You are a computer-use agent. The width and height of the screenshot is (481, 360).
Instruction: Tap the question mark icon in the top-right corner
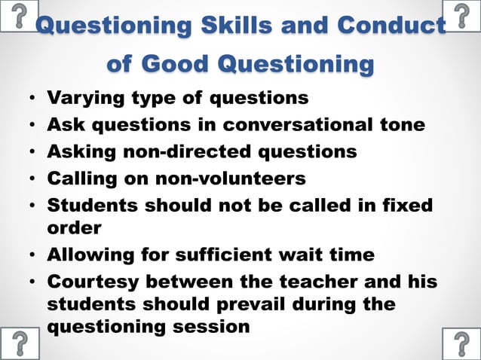[x=461, y=15]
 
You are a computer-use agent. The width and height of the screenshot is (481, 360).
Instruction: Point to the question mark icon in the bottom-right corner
[x=461, y=343]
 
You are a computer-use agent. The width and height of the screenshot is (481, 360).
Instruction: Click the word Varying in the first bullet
[x=82, y=99]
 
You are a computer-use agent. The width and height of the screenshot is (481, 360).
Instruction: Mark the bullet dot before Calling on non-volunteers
[x=31, y=179]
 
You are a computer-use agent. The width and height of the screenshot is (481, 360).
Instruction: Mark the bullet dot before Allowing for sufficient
[x=31, y=255]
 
